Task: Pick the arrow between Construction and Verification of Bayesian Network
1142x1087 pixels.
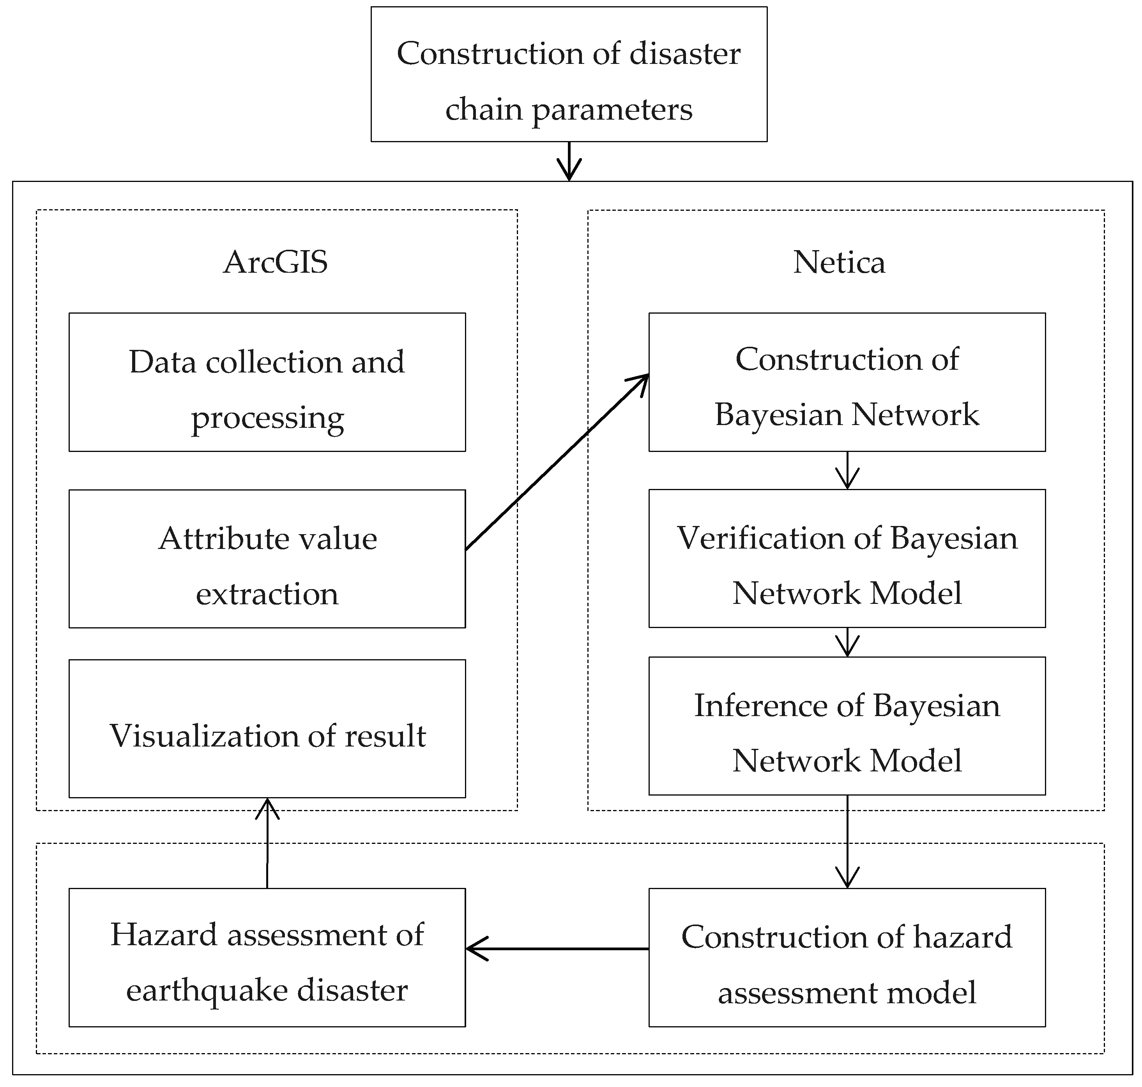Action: point(847,471)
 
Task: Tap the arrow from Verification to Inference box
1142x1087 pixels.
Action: point(847,642)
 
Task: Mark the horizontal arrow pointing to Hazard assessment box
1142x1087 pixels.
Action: point(557,949)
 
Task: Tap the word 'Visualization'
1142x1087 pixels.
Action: point(203,736)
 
